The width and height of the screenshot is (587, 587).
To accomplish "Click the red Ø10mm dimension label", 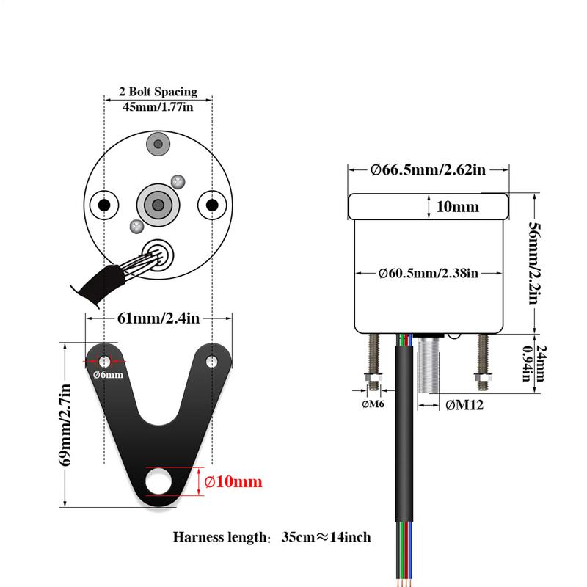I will (x=233, y=482).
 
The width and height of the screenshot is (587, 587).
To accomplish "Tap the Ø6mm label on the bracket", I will (x=107, y=374).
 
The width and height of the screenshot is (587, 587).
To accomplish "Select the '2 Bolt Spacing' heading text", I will (x=158, y=92).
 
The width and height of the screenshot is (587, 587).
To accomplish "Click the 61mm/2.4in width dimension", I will (x=158, y=318).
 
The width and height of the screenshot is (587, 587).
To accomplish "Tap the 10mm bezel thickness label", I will (x=457, y=207).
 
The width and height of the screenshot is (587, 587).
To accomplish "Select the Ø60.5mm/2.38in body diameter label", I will (x=429, y=273).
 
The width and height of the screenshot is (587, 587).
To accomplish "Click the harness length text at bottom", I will (x=271, y=537).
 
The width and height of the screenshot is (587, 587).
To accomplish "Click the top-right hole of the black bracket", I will (x=213, y=362).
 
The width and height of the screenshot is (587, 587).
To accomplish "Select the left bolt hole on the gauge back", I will (x=104, y=204).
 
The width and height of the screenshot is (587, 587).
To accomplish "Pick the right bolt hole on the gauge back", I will (x=212, y=204).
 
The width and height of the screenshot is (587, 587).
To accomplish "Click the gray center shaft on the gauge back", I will (x=158, y=204).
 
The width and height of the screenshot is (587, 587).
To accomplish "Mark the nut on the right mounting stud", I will (x=484, y=379).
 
